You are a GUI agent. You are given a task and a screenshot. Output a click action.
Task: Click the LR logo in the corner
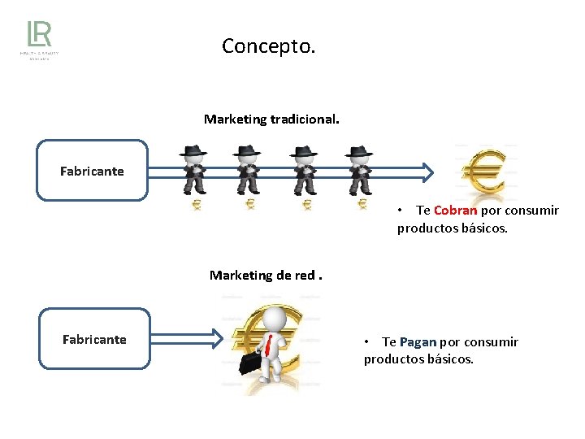click(39, 39)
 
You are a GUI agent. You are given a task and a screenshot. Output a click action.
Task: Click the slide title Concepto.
click(268, 46)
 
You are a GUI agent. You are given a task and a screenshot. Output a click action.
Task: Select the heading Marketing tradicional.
click(271, 120)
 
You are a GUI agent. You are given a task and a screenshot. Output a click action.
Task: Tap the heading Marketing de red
click(265, 275)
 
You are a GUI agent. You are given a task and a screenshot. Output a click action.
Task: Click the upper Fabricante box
click(92, 171)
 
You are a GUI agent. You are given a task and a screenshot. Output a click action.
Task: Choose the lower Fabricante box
click(94, 339)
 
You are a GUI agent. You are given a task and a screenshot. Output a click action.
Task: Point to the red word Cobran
click(456, 211)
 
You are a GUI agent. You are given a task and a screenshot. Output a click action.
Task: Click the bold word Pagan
click(418, 342)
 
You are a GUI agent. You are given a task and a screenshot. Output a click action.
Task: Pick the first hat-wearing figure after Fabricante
click(193, 170)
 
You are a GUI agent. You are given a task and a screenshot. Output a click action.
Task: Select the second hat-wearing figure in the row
click(247, 170)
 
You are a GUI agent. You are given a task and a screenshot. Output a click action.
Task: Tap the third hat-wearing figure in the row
click(304, 170)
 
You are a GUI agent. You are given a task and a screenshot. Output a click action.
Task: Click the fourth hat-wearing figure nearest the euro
click(357, 170)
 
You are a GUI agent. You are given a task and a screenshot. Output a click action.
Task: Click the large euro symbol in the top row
click(484, 172)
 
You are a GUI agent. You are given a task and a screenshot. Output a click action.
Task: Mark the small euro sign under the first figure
click(196, 206)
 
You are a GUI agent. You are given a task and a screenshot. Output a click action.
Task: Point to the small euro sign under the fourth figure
click(362, 205)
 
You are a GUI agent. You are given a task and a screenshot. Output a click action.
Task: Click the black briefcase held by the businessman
click(251, 359)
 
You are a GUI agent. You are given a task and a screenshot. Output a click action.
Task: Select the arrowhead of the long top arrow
click(427, 171)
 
